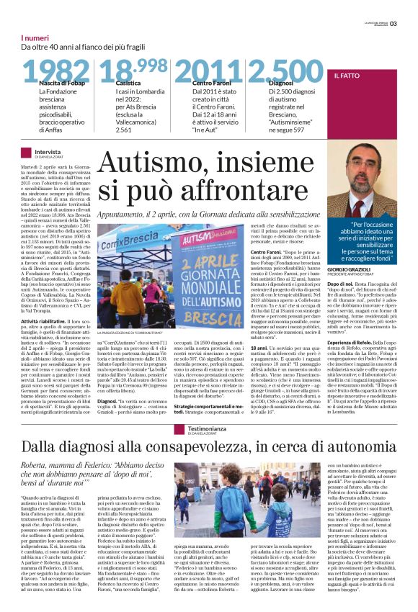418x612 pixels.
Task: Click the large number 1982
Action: (x=56, y=72)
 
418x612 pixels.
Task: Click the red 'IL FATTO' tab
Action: (x=349, y=75)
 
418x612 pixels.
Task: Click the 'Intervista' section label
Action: (x=48, y=152)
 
